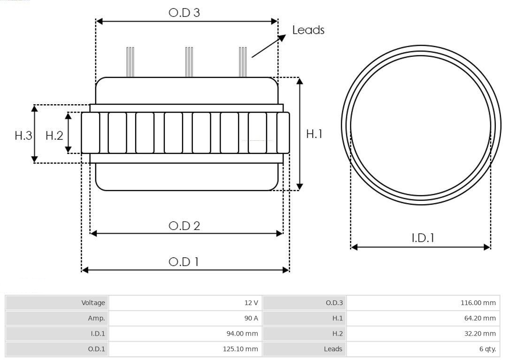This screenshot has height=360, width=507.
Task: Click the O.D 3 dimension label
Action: point(184,13)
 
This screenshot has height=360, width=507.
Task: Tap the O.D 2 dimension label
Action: point(184,226)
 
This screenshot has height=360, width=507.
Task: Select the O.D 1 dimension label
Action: point(184,262)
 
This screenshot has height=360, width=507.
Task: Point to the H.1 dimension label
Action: point(314,134)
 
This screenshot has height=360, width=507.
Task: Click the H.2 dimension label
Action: point(54,135)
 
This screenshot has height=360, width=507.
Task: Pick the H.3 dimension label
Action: point(23,135)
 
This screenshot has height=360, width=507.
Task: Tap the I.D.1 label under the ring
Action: point(423,238)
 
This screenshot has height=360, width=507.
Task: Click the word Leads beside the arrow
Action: point(308,30)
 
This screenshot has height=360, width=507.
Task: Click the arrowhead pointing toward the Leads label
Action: point(282,38)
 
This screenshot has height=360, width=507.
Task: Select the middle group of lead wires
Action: point(189,62)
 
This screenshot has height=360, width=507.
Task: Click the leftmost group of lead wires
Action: point(130,62)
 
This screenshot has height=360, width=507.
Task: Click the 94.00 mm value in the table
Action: point(242,334)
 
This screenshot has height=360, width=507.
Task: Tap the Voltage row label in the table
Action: point(93,303)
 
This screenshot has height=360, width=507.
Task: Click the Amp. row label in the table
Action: point(96,318)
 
